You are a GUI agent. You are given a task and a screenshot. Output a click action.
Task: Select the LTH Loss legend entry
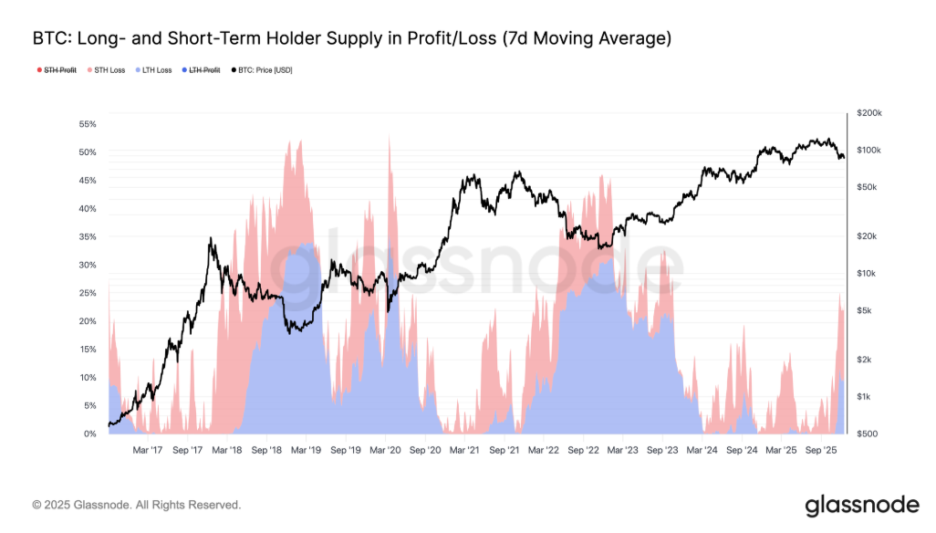(x=153, y=70)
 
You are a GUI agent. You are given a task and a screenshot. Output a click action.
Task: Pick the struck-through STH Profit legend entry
(x=59, y=70)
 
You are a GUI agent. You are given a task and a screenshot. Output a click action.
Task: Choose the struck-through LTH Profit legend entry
(x=204, y=70)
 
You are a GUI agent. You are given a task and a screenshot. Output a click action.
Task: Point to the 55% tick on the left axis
(x=88, y=123)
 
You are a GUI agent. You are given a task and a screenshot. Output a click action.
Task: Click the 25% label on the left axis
(x=88, y=293)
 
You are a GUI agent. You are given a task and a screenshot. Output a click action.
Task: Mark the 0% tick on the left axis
(x=89, y=434)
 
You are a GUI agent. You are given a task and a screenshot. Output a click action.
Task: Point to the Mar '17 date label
(x=148, y=450)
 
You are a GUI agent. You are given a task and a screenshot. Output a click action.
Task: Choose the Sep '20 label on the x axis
(x=425, y=450)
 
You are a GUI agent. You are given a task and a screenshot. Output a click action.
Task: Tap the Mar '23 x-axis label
(x=623, y=450)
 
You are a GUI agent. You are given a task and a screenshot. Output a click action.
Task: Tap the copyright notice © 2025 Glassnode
(x=137, y=505)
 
